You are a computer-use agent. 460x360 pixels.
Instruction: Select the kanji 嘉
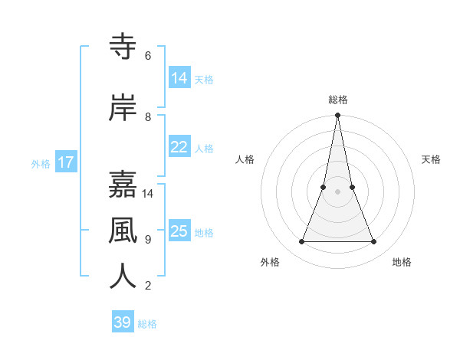pyautogui.click(x=123, y=184)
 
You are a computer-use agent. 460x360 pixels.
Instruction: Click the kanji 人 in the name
pyautogui.click(x=123, y=276)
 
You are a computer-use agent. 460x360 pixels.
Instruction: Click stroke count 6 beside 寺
pyautogui.click(x=148, y=56)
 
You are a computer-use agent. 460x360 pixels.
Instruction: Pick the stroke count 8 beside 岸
pyautogui.click(x=148, y=117)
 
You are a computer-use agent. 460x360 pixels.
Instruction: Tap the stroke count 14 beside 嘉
pyautogui.click(x=148, y=194)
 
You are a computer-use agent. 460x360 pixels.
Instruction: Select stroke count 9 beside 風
pyautogui.click(x=148, y=240)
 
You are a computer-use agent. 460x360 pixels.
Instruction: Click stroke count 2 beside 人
pyautogui.click(x=148, y=286)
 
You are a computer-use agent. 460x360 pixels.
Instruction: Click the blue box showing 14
pyautogui.click(x=179, y=78)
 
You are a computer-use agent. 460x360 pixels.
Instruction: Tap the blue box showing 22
pyautogui.click(x=179, y=147)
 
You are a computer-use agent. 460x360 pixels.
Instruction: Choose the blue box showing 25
pyautogui.click(x=179, y=231)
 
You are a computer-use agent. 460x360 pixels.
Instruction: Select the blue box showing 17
pyautogui.click(x=65, y=162)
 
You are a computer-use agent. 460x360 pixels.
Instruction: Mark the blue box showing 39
pyautogui.click(x=123, y=322)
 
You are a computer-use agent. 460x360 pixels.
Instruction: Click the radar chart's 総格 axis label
pyautogui.click(x=338, y=100)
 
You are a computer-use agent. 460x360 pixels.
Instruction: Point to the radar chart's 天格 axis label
pyautogui.click(x=431, y=159)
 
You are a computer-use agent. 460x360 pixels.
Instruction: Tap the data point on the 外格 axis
pyautogui.click(x=301, y=242)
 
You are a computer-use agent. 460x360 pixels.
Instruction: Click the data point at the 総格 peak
pyautogui.click(x=338, y=116)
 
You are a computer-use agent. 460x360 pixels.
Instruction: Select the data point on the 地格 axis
pyautogui.click(x=374, y=242)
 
